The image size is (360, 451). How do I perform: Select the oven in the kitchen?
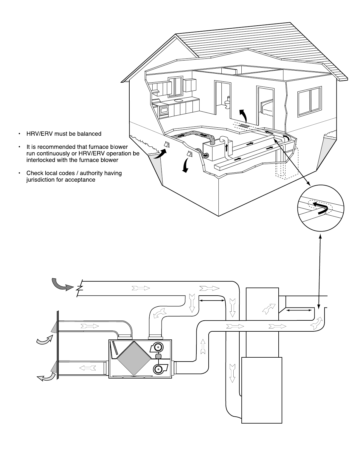(x=164, y=110)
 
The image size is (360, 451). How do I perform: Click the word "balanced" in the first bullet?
(x=89, y=134)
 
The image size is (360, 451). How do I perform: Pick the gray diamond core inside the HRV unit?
(x=134, y=358)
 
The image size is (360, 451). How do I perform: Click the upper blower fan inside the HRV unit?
(x=158, y=347)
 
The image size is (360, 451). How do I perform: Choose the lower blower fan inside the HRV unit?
(x=159, y=369)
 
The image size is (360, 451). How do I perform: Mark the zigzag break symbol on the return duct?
(x=80, y=288)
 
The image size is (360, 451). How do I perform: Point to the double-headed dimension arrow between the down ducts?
(x=212, y=301)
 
